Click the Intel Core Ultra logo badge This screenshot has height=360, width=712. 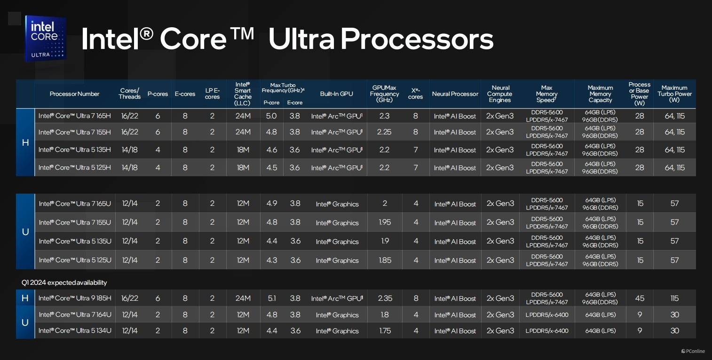[46, 38]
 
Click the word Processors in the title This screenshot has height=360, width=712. [417, 39]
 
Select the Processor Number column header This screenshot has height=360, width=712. [74, 94]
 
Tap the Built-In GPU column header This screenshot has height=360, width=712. [336, 94]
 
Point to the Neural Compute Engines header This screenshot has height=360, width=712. [500, 94]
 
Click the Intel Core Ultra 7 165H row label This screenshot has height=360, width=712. [75, 116]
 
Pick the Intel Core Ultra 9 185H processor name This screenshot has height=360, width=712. [75, 298]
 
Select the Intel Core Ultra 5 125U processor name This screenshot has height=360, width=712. [75, 260]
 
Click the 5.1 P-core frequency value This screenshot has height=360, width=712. [271, 298]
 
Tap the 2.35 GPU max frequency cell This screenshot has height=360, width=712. [385, 298]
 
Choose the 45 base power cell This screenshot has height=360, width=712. [640, 298]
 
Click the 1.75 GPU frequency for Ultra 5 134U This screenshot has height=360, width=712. [385, 331]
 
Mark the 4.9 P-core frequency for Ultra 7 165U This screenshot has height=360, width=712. [271, 203]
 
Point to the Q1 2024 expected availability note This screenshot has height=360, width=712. [64, 282]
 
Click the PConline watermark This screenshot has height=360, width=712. [693, 351]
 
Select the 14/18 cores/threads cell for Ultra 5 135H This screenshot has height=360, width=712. [129, 149]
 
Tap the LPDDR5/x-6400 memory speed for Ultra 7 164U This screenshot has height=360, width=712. [547, 315]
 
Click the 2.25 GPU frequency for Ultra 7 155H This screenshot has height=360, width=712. [384, 132]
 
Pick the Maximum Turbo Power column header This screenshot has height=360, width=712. [674, 94]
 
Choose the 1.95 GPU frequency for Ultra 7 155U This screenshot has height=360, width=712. [385, 222]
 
